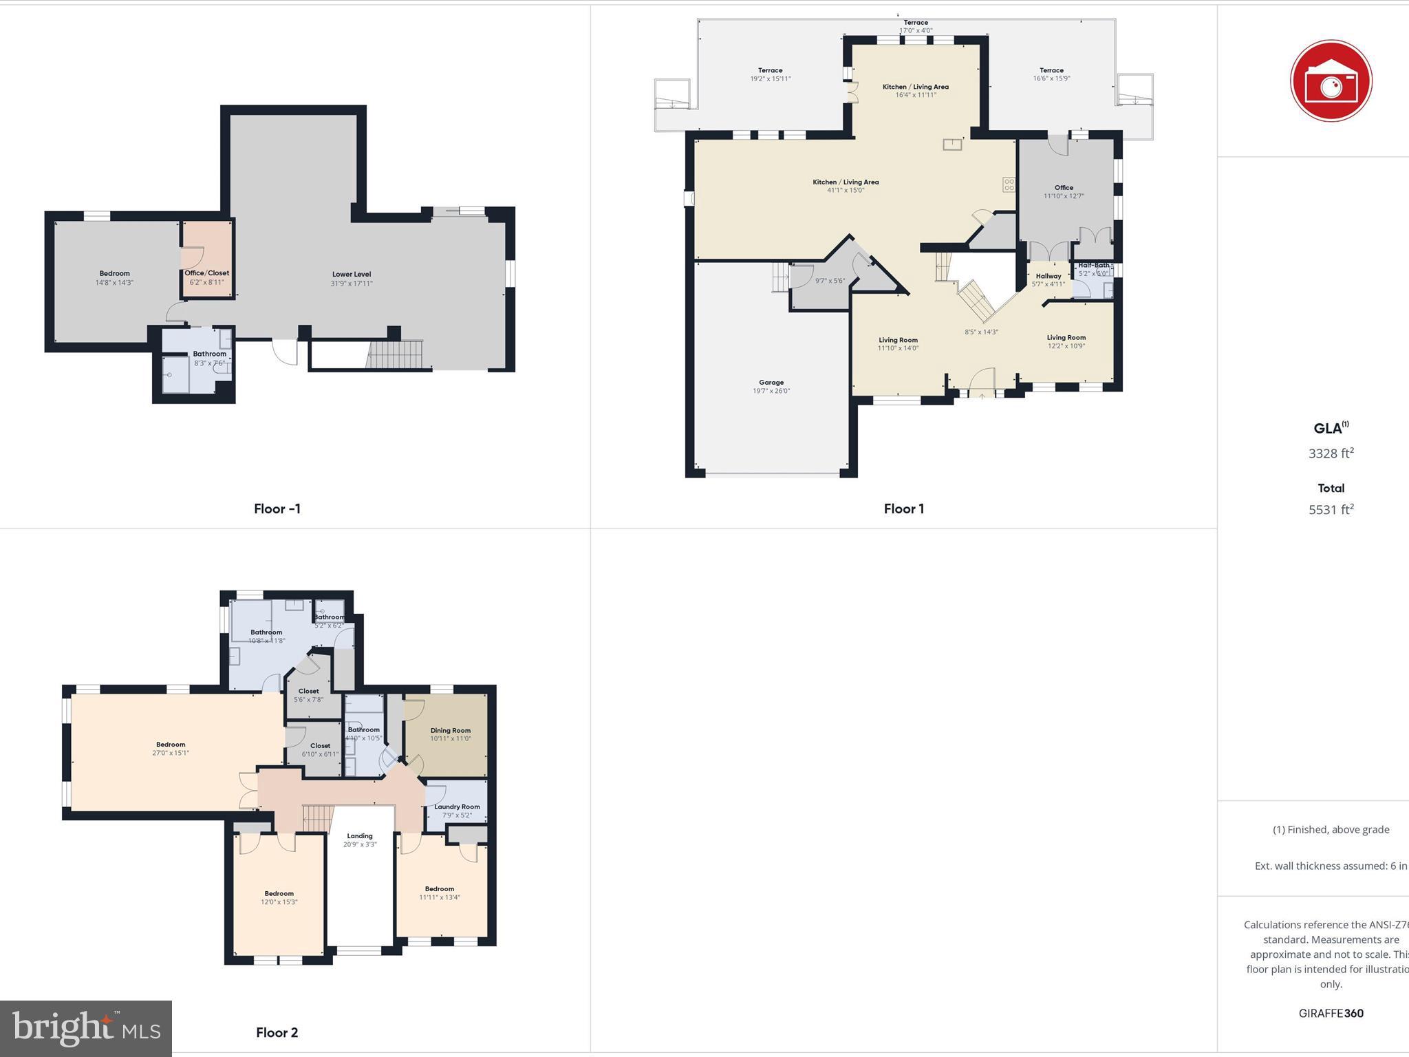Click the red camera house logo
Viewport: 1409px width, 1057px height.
[x=1331, y=81]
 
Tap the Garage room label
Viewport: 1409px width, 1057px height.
[x=771, y=383]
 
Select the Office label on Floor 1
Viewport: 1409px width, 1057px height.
[x=1064, y=188]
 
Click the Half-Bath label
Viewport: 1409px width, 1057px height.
[x=1093, y=265]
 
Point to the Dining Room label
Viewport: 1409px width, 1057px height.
[x=451, y=731]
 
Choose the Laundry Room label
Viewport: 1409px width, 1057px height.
[x=457, y=807]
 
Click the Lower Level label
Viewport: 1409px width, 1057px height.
[x=352, y=275]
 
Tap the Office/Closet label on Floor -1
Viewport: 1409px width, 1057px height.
[x=207, y=273]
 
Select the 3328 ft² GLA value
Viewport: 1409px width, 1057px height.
[x=1331, y=453]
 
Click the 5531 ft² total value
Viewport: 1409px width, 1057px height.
[x=1331, y=510]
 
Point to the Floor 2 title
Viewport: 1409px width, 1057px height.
[x=277, y=1032]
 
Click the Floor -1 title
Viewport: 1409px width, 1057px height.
[x=277, y=509]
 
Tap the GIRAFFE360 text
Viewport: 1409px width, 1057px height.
[x=1331, y=1013]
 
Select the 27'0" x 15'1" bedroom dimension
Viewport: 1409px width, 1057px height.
[x=171, y=754]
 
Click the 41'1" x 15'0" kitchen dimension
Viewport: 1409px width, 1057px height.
[x=846, y=191]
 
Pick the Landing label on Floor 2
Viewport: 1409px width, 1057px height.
[x=360, y=836]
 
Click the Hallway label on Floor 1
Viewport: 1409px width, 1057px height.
[x=1048, y=276]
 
